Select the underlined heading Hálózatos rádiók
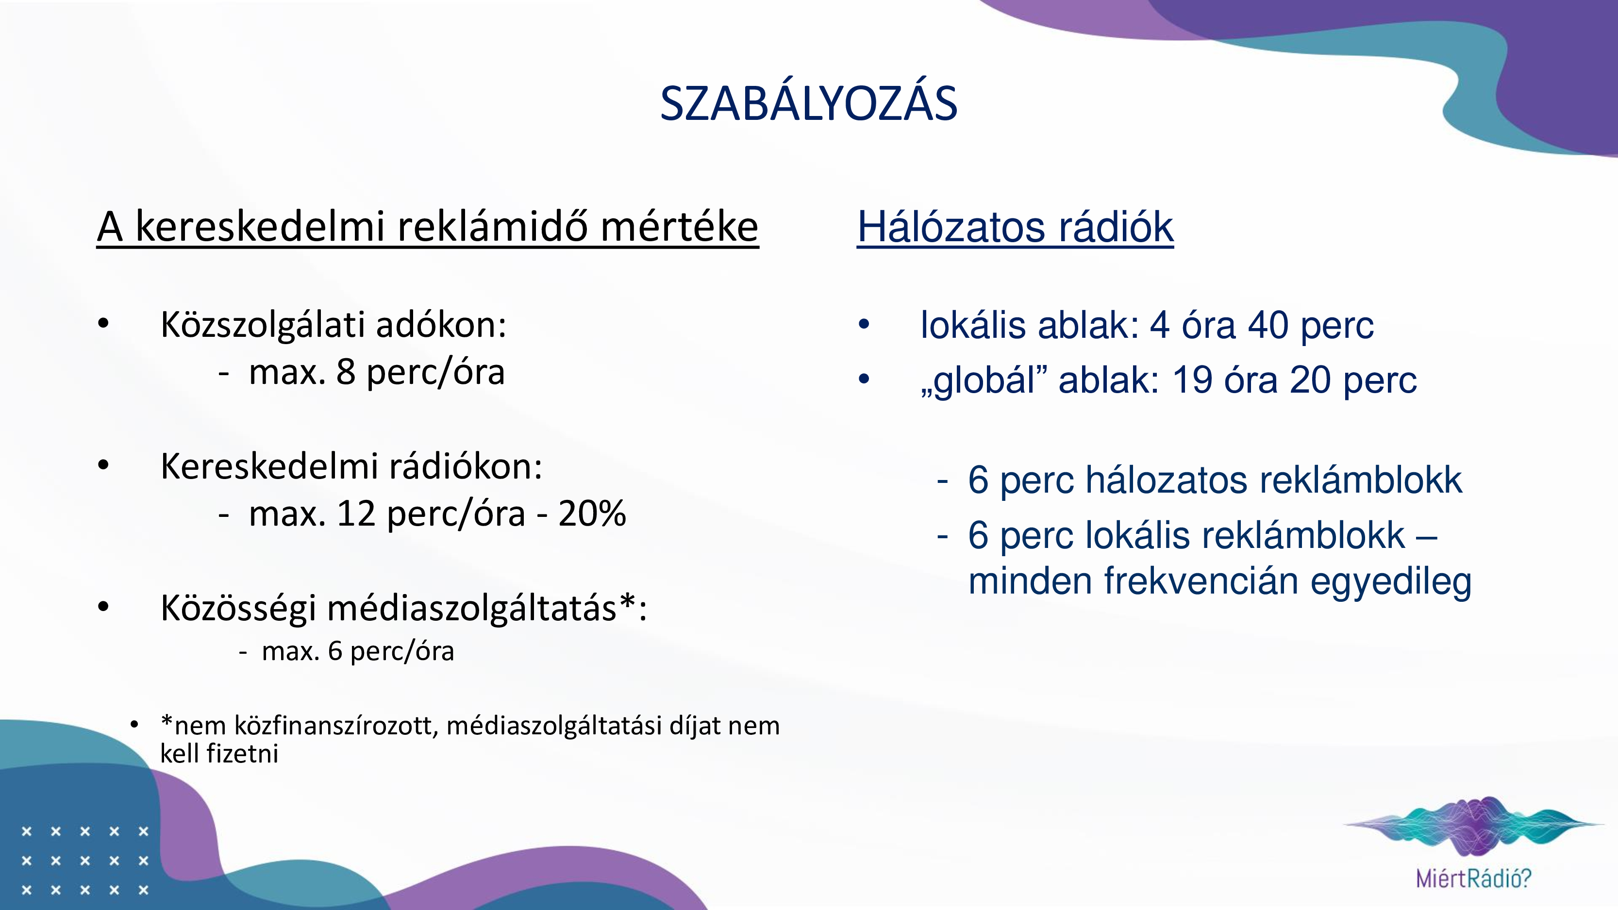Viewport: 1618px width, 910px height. click(x=1015, y=227)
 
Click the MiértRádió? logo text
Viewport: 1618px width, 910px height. click(x=1473, y=878)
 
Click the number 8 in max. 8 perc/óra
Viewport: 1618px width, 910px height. click(x=346, y=372)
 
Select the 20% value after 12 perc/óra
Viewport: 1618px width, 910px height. click(x=592, y=513)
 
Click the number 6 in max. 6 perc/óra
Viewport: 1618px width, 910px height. click(x=335, y=651)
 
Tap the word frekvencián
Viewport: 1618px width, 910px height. click(x=1201, y=581)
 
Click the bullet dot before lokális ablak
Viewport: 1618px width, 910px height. click(x=864, y=325)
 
